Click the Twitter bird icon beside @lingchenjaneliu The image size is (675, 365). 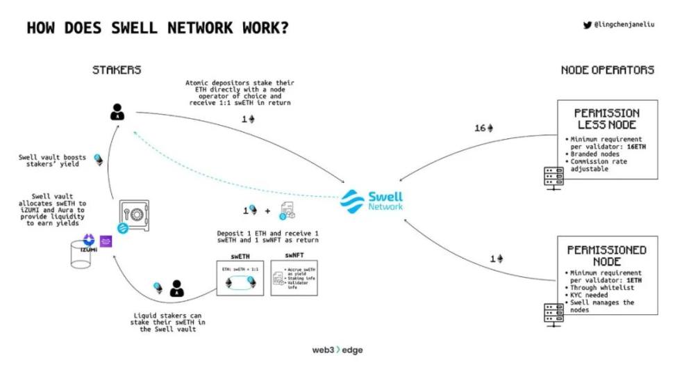coord(587,25)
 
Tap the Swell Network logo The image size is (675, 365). coord(371,200)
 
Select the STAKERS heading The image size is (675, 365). coord(117,70)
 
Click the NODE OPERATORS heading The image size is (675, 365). coord(608,70)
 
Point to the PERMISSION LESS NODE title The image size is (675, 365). coord(607,118)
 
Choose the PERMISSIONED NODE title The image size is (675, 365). coord(607,255)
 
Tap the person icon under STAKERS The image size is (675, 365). coord(118,111)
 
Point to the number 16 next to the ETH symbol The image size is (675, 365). coord(480,128)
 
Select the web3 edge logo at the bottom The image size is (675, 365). coord(337,350)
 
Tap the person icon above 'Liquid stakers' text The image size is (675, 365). coord(177,287)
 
